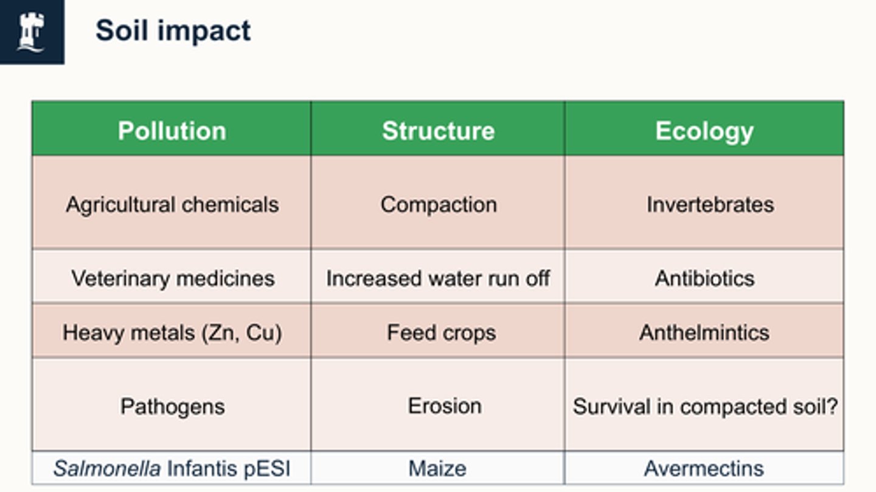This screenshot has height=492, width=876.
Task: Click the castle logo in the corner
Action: pyautogui.click(x=31, y=32)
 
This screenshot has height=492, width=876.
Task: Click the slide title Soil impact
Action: pyautogui.click(x=173, y=30)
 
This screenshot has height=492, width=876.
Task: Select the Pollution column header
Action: pyautogui.click(x=172, y=131)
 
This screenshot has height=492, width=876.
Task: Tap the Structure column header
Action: pyautogui.click(x=438, y=131)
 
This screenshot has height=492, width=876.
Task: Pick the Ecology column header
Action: pyautogui.click(x=704, y=131)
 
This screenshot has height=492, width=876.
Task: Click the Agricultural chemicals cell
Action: pyautogui.click(x=172, y=204)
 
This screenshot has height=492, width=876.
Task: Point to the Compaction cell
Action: pyautogui.click(x=438, y=204)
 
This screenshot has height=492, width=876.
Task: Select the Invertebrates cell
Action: pyautogui.click(x=709, y=204)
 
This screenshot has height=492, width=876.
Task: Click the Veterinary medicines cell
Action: pyautogui.click(x=173, y=279)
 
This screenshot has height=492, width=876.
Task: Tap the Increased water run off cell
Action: pyautogui.click(x=438, y=279)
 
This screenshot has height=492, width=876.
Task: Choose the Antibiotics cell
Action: pyautogui.click(x=704, y=279)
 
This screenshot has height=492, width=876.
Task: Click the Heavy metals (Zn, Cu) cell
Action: pyautogui.click(x=172, y=333)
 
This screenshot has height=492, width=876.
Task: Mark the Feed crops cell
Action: pyautogui.click(x=441, y=333)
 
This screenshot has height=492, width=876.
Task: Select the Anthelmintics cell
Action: pyautogui.click(x=704, y=333)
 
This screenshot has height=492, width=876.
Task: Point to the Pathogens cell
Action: pyautogui.click(x=172, y=406)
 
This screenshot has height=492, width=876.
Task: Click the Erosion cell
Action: pyautogui.click(x=444, y=406)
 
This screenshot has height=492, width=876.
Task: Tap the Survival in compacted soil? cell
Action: pyautogui.click(x=704, y=406)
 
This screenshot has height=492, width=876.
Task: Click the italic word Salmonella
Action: pyautogui.click(x=106, y=468)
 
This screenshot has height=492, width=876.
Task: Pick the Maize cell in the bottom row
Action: pyautogui.click(x=437, y=468)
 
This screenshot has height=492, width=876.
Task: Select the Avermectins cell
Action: pyautogui.click(x=704, y=468)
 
